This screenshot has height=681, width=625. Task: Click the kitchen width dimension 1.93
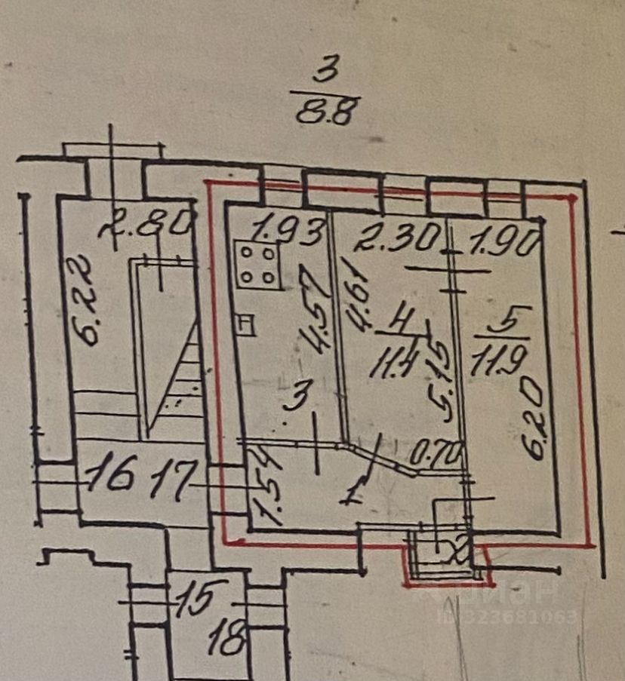286,229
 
